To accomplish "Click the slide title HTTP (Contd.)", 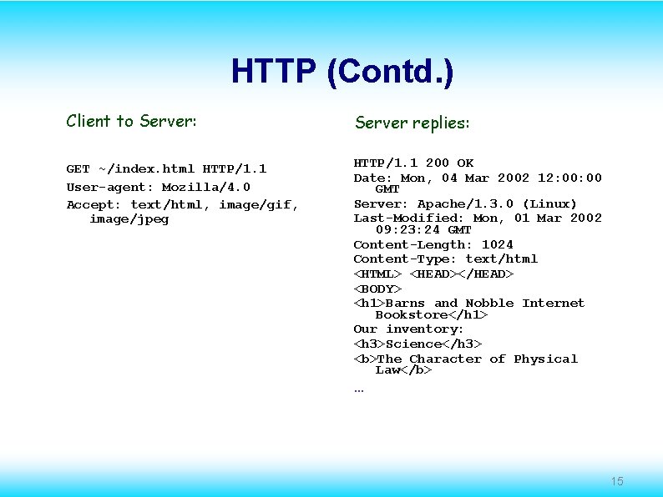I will (342, 73).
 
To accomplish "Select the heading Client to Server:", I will (132, 121).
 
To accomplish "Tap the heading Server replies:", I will (412, 123).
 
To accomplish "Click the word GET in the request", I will (78, 168).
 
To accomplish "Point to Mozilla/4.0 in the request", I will (205, 187).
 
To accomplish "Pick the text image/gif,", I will (258, 203).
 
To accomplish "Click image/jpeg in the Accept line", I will (129, 218).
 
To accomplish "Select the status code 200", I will (437, 163).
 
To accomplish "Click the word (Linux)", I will (549, 203).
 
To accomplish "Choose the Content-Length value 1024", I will (497, 244).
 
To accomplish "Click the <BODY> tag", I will (372, 289).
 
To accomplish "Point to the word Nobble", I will (489, 303).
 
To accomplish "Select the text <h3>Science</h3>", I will (418, 344).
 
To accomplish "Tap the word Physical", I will (545, 359).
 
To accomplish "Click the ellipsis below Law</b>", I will (358, 389).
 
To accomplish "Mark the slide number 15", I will (617, 481).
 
